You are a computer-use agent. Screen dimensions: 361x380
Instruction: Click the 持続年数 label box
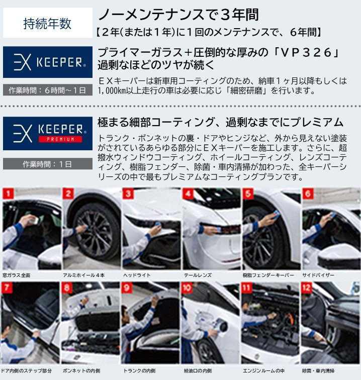48,23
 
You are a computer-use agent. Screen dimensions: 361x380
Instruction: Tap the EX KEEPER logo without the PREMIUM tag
48,62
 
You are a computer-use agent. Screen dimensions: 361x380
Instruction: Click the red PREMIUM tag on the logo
60,139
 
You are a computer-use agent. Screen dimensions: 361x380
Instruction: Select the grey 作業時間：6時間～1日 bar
48,90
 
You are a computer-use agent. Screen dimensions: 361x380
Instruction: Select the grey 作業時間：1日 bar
48,164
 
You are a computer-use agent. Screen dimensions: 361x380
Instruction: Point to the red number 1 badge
8,194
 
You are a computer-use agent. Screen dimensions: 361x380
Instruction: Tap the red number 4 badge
188,194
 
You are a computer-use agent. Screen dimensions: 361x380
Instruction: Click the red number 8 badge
67,288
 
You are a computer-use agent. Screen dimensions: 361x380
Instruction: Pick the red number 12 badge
306,288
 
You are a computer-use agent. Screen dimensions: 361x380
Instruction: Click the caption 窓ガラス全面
17,275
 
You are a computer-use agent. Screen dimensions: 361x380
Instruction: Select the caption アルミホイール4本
83,275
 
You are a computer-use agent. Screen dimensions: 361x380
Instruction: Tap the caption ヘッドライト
137,275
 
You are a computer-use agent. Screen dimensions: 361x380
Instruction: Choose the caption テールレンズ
198,275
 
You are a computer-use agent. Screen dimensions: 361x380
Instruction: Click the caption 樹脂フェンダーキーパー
268,275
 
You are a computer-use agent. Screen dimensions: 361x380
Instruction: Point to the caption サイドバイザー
318,275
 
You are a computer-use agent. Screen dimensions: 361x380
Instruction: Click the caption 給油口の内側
198,370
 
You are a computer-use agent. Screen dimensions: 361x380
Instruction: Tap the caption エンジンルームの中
264,370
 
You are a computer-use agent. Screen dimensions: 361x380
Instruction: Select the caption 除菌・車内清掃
318,370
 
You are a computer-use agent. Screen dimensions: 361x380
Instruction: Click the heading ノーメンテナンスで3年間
179,15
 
